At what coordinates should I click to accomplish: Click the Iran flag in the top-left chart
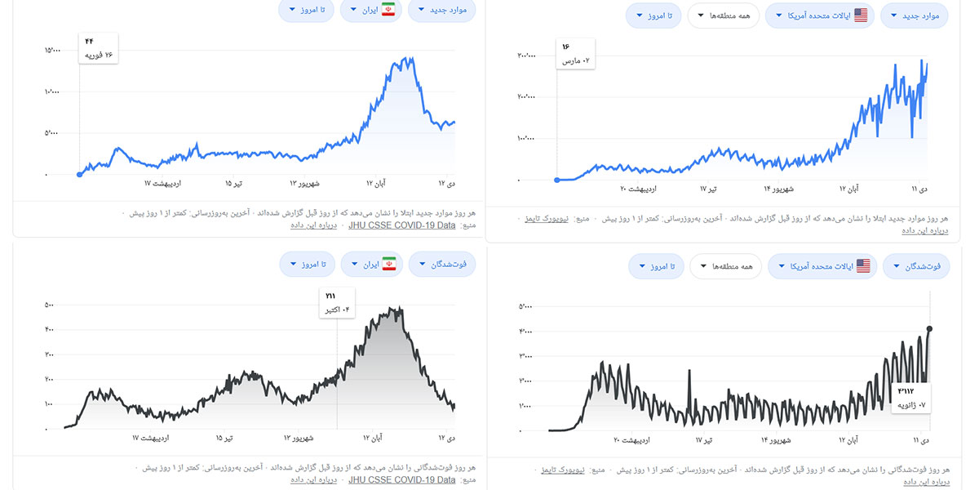tap(388, 10)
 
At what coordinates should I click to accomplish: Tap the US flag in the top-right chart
tap(861, 16)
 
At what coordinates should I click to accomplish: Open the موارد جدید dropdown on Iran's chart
tap(446, 10)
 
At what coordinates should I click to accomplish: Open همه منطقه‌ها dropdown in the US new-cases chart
tap(723, 16)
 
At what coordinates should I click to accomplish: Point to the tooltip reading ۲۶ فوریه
tap(99, 48)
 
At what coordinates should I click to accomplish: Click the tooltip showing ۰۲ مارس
tap(576, 54)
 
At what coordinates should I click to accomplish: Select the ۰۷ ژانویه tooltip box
tap(912, 398)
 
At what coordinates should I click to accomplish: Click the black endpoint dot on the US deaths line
tap(930, 329)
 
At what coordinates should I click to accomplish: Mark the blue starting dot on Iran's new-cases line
tap(79, 174)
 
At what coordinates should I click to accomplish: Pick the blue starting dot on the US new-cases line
tap(557, 180)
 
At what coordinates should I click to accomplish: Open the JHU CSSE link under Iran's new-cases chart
tap(402, 225)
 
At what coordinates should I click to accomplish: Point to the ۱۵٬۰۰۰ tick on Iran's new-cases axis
tap(52, 51)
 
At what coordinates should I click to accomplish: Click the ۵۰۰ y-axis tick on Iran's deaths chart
tap(49, 305)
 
